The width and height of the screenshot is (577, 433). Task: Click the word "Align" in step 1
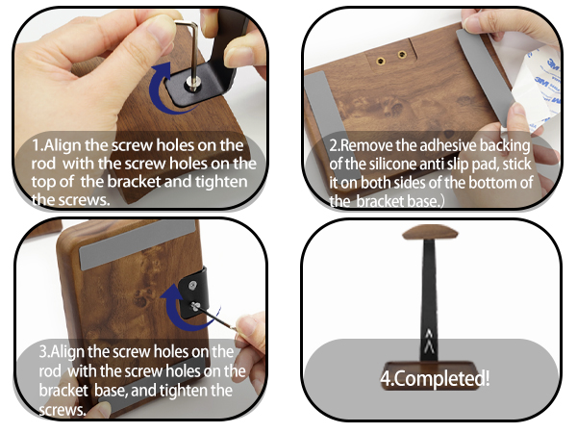coord(67,145)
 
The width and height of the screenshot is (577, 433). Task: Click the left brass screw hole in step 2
coord(379,60)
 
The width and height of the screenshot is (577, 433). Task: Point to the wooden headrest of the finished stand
coord(430,235)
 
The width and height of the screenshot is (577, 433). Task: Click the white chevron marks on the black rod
coord(430,336)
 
